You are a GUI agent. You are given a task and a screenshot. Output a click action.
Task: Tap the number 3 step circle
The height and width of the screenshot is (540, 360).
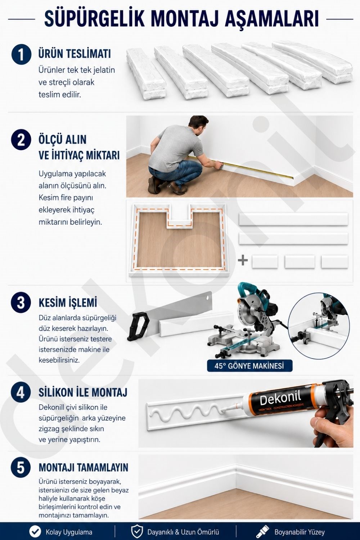21,302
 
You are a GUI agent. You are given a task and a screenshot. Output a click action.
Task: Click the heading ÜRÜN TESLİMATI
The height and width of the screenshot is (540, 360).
75,53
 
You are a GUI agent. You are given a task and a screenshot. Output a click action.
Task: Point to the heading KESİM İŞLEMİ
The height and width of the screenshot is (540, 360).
68,302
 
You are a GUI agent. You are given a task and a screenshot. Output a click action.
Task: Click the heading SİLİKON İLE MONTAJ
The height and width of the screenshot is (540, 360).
83,392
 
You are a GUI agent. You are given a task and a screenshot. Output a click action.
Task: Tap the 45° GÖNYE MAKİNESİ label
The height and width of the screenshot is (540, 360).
249,366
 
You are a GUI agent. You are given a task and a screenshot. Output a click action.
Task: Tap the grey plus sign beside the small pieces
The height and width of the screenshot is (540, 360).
243,261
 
